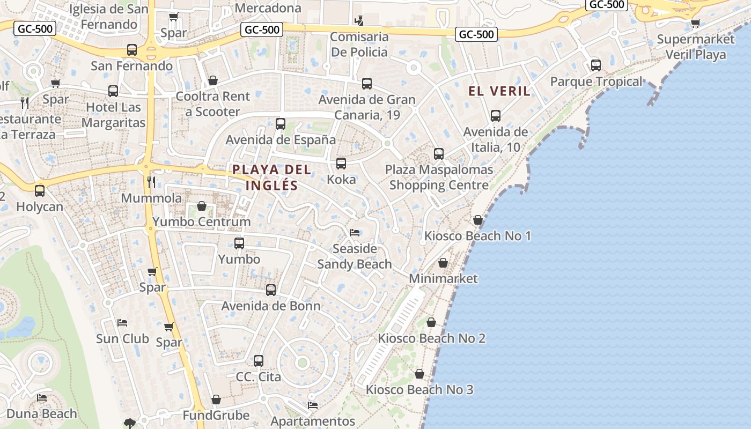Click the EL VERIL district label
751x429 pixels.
pos(499,91)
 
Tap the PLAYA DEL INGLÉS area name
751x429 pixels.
pos(271,177)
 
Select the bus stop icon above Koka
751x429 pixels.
pos(341,164)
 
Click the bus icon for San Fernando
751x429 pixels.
pos(132,50)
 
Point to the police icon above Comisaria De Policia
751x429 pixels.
pos(359,21)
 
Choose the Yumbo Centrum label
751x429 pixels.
pos(202,221)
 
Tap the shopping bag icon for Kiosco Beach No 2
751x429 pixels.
pos(431,322)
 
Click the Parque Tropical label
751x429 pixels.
pos(596,82)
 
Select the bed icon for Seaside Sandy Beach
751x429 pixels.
pos(355,232)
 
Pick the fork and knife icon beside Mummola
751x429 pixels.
pos(151,182)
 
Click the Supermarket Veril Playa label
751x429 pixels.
pos(696,47)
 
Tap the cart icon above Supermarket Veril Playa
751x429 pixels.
pos(696,23)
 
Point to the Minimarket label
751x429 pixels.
pos(443,278)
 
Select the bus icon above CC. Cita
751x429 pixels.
pos(259,360)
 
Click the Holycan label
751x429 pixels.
pos(40,206)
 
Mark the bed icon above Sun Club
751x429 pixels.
pos(122,323)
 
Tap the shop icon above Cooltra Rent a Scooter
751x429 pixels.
pos(213,80)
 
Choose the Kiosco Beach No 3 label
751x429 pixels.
pos(419,389)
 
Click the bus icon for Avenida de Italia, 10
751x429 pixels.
pos(496,115)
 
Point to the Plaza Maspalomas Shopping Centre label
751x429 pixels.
pos(439,177)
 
